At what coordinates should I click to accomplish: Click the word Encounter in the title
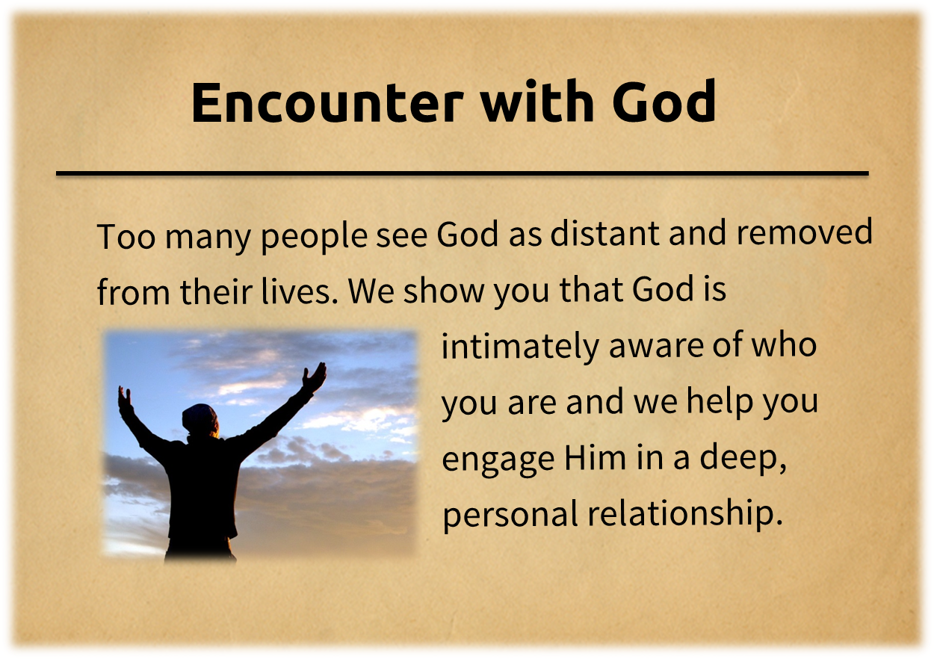[327, 102]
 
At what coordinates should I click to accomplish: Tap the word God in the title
[664, 102]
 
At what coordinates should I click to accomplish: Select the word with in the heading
[537, 102]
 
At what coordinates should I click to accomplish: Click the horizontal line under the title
[463, 173]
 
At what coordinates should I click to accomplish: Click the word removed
[805, 232]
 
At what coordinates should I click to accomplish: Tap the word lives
[300, 290]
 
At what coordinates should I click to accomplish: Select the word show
[444, 290]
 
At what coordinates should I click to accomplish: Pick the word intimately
[520, 347]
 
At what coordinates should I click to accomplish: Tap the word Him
[596, 458]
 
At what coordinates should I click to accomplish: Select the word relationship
[684, 513]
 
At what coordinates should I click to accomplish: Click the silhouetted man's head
[200, 421]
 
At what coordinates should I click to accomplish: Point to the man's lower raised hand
[125, 399]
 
